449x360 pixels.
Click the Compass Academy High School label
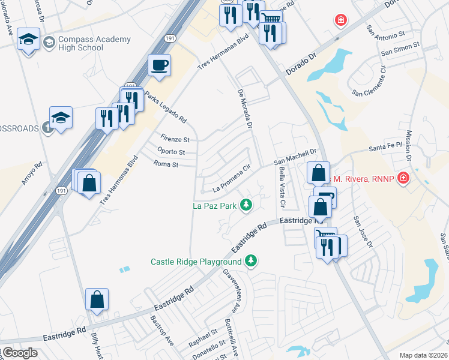(x=94, y=43)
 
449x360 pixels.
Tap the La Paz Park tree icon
(x=246, y=206)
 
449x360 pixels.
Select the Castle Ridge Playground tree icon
(x=252, y=261)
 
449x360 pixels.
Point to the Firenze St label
(x=175, y=139)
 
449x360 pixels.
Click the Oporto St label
(x=170, y=152)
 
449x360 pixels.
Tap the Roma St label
(x=166, y=164)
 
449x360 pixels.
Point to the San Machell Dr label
(x=295, y=157)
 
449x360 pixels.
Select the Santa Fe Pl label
(x=384, y=148)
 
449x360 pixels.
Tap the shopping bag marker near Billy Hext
(x=97, y=300)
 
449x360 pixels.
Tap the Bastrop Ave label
(x=161, y=331)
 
